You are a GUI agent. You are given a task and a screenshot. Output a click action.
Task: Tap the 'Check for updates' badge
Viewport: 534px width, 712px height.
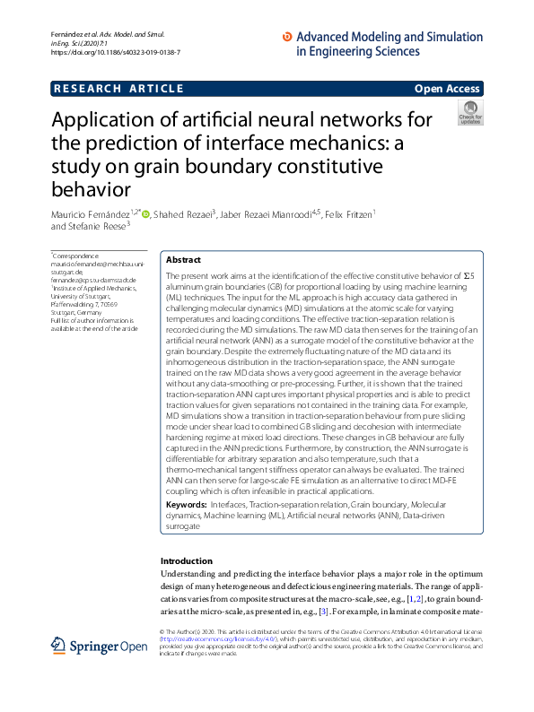[x=469, y=113]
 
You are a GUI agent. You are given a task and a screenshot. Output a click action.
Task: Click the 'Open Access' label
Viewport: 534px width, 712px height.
[x=447, y=89]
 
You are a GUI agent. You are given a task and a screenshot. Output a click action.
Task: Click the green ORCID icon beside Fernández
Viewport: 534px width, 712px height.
[x=145, y=213]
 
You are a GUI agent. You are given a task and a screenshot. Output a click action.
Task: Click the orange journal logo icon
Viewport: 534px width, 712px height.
[x=287, y=37]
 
